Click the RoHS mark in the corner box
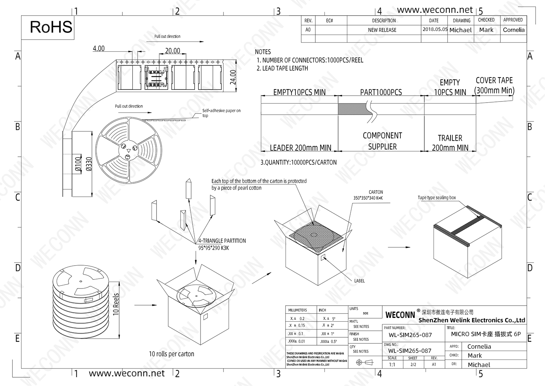51,27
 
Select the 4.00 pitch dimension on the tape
98,49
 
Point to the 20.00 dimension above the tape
172,51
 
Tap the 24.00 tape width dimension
233,77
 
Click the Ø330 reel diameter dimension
89,164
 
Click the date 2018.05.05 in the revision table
435,29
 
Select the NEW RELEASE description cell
382,30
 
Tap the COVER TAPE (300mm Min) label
494,85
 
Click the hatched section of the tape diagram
352,109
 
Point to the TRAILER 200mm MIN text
450,143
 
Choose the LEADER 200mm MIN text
300,148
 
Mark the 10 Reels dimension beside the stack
116,304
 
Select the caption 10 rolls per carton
171,354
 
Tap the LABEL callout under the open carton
359,280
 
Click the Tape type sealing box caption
436,198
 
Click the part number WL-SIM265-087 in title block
410,335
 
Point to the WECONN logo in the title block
400,315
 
